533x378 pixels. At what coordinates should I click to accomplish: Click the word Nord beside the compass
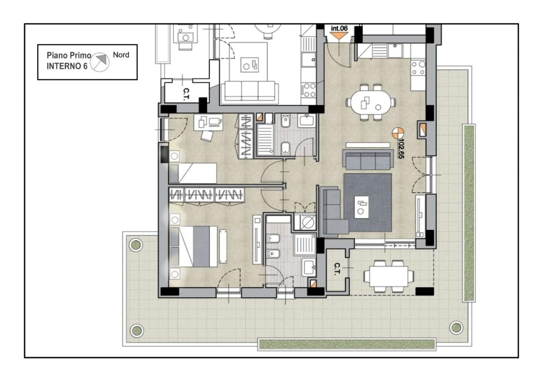click(x=121, y=55)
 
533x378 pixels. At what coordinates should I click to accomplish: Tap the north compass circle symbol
click(x=100, y=62)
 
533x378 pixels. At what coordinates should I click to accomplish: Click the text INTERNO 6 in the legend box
click(x=67, y=66)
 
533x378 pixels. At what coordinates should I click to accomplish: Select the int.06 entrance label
click(x=339, y=28)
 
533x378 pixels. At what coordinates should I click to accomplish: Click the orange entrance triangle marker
click(x=339, y=36)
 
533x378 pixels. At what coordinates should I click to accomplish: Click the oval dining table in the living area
click(x=371, y=103)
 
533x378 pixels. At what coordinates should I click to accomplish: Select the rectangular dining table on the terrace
click(x=389, y=276)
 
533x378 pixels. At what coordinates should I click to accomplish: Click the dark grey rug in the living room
click(x=368, y=202)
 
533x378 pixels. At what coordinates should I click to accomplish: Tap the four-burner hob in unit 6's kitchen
click(x=418, y=68)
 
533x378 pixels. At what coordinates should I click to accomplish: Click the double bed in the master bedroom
click(x=194, y=246)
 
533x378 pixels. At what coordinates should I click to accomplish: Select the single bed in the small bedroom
click(x=193, y=173)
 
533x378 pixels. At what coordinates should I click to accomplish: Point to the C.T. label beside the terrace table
click(x=336, y=269)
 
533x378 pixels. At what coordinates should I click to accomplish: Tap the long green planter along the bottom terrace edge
click(x=347, y=344)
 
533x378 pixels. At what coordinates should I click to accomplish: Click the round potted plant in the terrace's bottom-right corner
click(x=456, y=328)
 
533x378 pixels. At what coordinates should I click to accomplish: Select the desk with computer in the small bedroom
click(x=208, y=122)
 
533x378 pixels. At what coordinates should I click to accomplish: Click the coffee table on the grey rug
click(x=361, y=207)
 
